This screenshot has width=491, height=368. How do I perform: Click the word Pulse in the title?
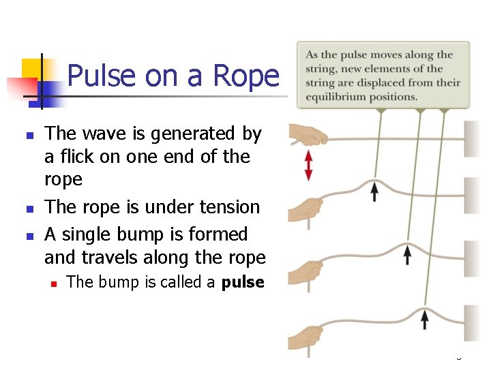tap(102, 76)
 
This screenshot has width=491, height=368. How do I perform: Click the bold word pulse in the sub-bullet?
tap(243, 282)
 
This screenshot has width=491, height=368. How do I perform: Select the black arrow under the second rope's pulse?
tap(374, 192)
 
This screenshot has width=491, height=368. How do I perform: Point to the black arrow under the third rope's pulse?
tap(407, 255)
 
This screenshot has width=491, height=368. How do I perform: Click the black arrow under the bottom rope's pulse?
tap(425, 318)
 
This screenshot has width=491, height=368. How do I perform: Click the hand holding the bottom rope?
tap(305, 337)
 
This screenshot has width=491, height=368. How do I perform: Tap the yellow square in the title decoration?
tap(32, 69)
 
